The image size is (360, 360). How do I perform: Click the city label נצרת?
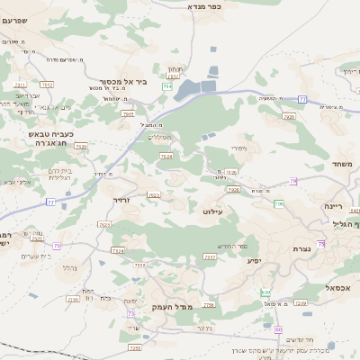click(x=301, y=248)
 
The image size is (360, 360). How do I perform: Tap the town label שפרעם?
click(x=13, y=20)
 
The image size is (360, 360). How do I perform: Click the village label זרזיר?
click(x=121, y=200)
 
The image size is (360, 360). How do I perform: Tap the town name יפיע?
click(x=255, y=260)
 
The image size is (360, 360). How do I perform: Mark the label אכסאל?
click(x=339, y=287)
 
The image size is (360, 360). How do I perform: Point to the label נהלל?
click(x=67, y=267)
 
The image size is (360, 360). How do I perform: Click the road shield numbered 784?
click(x=167, y=87)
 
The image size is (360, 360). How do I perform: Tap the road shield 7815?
click(x=128, y=114)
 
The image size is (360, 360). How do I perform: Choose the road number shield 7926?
click(x=289, y=117)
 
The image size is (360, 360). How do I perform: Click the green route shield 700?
click(x=279, y=204)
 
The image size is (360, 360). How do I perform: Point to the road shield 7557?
click(x=210, y=257)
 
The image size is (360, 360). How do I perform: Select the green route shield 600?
click(x=265, y=292)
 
